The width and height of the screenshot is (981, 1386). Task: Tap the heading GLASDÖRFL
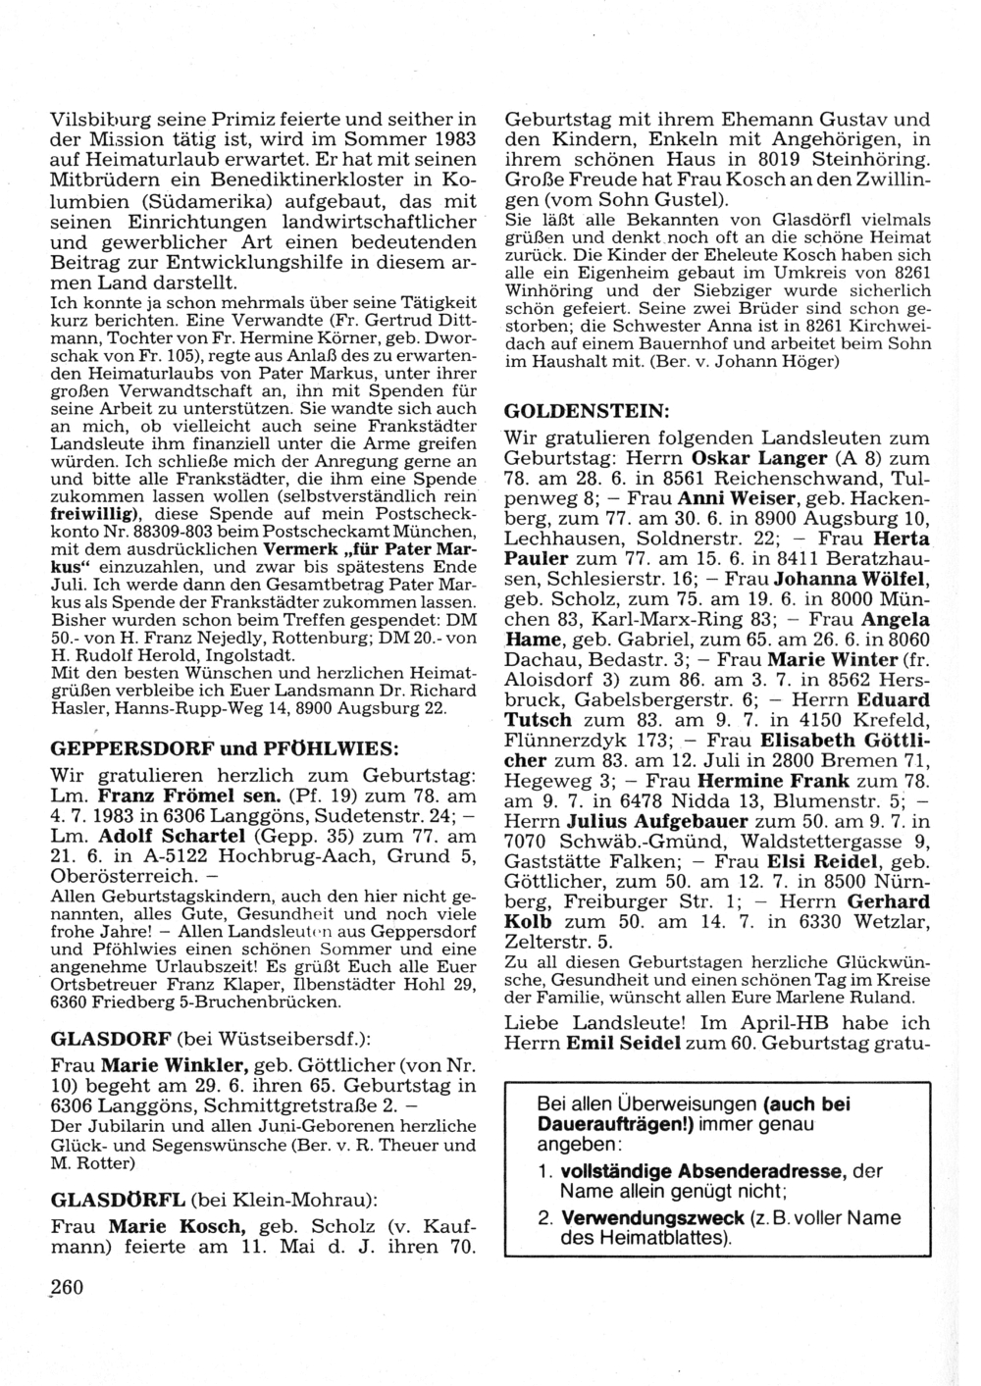pyautogui.click(x=117, y=1199)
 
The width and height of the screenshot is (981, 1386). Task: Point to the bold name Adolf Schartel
pyautogui.click(x=171, y=837)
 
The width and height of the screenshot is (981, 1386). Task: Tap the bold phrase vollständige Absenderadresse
pyautogui.click(x=702, y=1170)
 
